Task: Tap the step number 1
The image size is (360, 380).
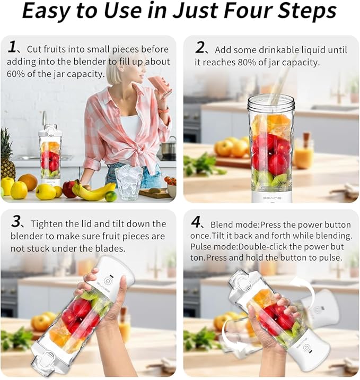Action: (x=13, y=48)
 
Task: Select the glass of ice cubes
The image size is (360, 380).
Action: (x=128, y=182)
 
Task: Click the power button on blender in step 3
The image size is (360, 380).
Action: (x=108, y=281)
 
